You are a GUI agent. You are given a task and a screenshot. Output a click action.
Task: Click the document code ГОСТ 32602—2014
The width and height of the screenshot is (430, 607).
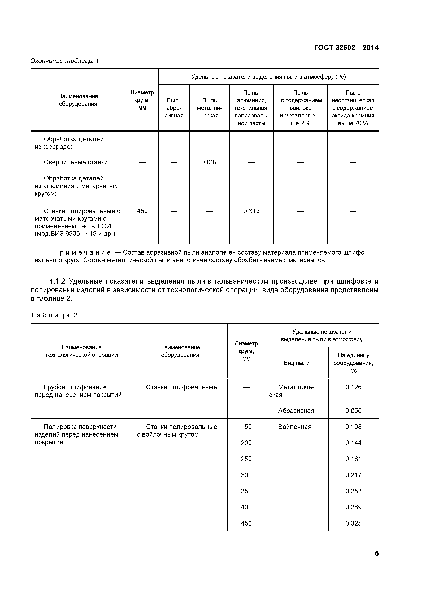[x=346, y=48]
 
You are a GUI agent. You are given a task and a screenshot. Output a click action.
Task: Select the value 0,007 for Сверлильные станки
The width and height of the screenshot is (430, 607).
[x=209, y=162]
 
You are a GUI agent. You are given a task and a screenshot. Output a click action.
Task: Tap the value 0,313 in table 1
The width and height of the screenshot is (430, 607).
[x=251, y=211]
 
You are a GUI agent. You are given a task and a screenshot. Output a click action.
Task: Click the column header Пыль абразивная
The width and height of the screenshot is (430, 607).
[x=174, y=108]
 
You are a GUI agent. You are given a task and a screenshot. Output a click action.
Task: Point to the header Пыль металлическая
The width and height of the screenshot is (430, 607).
[x=209, y=108]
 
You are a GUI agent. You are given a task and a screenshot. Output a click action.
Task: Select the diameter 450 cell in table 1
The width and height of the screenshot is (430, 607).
[x=142, y=211]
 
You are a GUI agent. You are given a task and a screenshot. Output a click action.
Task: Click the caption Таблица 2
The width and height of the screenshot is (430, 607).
[x=54, y=315]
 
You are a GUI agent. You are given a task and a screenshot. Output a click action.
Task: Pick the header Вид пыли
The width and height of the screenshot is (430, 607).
[x=297, y=363]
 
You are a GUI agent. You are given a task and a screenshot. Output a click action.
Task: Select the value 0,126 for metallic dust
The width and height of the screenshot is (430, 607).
[x=353, y=387]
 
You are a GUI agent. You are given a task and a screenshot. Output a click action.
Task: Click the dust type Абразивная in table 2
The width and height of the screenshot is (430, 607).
[x=296, y=411]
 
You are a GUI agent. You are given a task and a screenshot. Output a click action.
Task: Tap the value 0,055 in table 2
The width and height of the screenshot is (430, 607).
[x=353, y=411]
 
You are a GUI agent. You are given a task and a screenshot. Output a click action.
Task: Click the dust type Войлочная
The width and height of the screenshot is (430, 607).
[x=295, y=427]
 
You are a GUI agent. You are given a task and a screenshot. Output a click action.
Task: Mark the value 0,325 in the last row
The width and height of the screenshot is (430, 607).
[x=353, y=523]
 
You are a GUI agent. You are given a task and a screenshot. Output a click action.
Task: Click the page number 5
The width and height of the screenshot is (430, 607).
[x=376, y=553]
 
